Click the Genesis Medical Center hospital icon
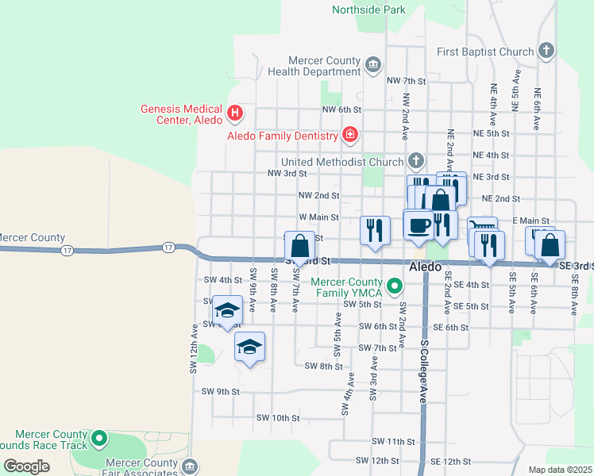235,113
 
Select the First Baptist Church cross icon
546,52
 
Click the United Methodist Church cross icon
416,162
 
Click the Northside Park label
369,10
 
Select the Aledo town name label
425,267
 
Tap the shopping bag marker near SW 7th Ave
300,246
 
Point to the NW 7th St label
407,81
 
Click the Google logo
26,466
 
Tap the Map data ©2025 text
560,470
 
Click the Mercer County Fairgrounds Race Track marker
99,437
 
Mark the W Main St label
318,217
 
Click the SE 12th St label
451,461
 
